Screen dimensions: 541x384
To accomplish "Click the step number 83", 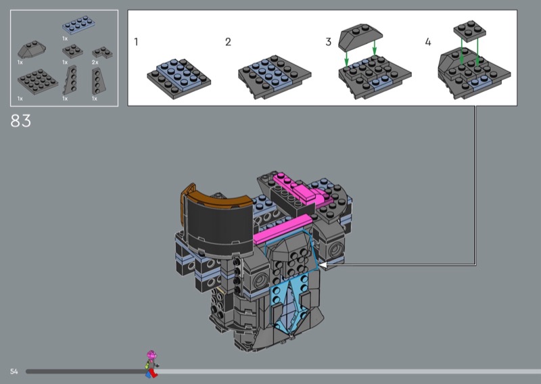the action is tap(21, 121).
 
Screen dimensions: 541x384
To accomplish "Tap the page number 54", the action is tap(14, 371).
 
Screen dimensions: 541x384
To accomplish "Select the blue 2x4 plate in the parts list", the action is tap(78, 25).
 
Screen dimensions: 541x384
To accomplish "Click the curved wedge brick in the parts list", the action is tap(31, 49).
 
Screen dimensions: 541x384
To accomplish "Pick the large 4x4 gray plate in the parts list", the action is tap(38, 81).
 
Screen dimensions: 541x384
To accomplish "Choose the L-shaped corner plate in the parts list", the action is tap(102, 53).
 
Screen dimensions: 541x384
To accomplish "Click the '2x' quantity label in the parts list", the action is tap(95, 62).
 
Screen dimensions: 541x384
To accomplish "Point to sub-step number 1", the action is tap(137, 42).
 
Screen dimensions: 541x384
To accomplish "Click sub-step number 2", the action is tap(228, 42).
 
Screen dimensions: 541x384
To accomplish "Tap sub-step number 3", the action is tap(329, 42).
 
